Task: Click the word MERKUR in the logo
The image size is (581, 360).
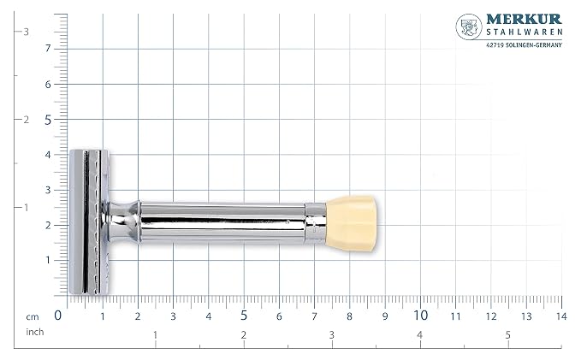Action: click(524, 20)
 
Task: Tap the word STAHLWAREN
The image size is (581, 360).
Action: click(525, 32)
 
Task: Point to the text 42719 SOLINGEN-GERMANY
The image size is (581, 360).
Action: click(524, 44)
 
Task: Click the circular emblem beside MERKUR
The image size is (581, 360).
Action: click(469, 27)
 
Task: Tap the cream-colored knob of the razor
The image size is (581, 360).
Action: click(352, 224)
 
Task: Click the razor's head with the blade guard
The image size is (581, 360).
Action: click(89, 221)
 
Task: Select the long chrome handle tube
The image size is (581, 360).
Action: click(222, 222)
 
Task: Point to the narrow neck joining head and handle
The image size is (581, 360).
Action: click(122, 222)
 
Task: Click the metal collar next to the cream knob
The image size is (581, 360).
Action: click(316, 223)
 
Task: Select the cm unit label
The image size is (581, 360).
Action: click(33, 317)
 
